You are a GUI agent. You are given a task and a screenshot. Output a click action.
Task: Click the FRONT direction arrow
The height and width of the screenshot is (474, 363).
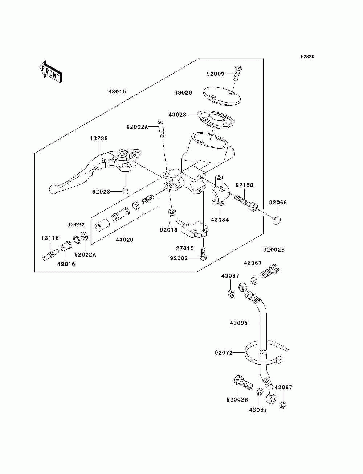pos(51,71)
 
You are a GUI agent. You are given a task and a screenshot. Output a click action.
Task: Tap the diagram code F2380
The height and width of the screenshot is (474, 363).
pos(307,57)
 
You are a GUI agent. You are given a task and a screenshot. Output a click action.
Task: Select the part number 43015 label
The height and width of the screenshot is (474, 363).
pos(117,92)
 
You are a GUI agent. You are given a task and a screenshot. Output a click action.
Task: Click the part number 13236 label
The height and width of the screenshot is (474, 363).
pos(99,138)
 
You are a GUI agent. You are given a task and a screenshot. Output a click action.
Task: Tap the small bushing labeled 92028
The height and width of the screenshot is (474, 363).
pos(125,191)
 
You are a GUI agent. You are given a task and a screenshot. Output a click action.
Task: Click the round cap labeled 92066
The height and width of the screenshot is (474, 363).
pos(277,220)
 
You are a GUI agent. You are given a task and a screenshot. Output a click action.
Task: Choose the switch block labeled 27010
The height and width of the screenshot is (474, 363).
pos(192,229)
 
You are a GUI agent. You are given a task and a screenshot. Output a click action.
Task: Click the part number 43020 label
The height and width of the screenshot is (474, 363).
pos(125,240)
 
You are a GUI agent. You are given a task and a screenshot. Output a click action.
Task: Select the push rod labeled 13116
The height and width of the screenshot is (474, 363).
pos(50,255)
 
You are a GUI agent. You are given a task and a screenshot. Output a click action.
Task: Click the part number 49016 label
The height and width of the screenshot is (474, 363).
pos(66,264)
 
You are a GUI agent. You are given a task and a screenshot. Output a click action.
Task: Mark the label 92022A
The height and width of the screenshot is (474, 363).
pos(85,255)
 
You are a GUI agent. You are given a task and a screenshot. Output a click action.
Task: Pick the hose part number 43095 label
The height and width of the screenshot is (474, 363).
pos(238,329)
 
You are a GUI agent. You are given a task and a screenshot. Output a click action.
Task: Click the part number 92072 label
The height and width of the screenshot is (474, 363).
pos(224,353)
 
